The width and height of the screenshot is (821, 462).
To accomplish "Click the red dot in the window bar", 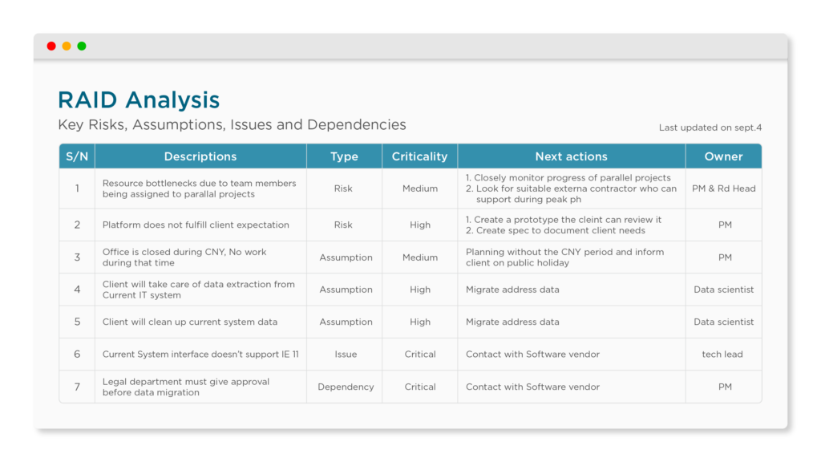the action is tap(51, 46).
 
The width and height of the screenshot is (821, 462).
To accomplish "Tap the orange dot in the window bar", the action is tap(67, 46).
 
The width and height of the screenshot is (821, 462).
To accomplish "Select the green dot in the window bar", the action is tap(82, 46).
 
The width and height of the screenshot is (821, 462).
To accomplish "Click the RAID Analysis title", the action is tap(139, 100).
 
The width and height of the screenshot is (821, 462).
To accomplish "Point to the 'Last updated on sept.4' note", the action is tap(710, 128).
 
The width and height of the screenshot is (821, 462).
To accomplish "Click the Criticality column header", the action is tap(419, 156).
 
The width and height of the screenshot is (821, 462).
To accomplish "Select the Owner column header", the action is tap(723, 156).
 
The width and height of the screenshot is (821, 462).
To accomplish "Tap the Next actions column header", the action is tap(571, 156).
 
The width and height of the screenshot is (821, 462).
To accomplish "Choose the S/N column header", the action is tap(77, 156).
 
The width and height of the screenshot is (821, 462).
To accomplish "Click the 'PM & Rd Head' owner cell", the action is tap(724, 188).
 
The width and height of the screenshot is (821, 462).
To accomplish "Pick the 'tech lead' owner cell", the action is tap(722, 354).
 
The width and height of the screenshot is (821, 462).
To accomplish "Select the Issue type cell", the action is tap(346, 354).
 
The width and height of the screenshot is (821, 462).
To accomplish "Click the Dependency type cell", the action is tap(346, 387).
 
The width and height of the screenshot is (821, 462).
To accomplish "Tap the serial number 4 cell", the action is tap(77, 290).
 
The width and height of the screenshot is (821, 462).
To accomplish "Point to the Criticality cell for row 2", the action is tap(420, 225).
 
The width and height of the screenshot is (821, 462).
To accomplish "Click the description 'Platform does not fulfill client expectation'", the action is tap(196, 225).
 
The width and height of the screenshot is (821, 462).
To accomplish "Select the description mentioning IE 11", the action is tap(200, 354).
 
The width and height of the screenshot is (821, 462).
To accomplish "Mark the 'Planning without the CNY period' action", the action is tap(565, 257).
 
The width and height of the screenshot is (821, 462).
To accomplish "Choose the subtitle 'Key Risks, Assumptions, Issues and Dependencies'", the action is tap(232, 124).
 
